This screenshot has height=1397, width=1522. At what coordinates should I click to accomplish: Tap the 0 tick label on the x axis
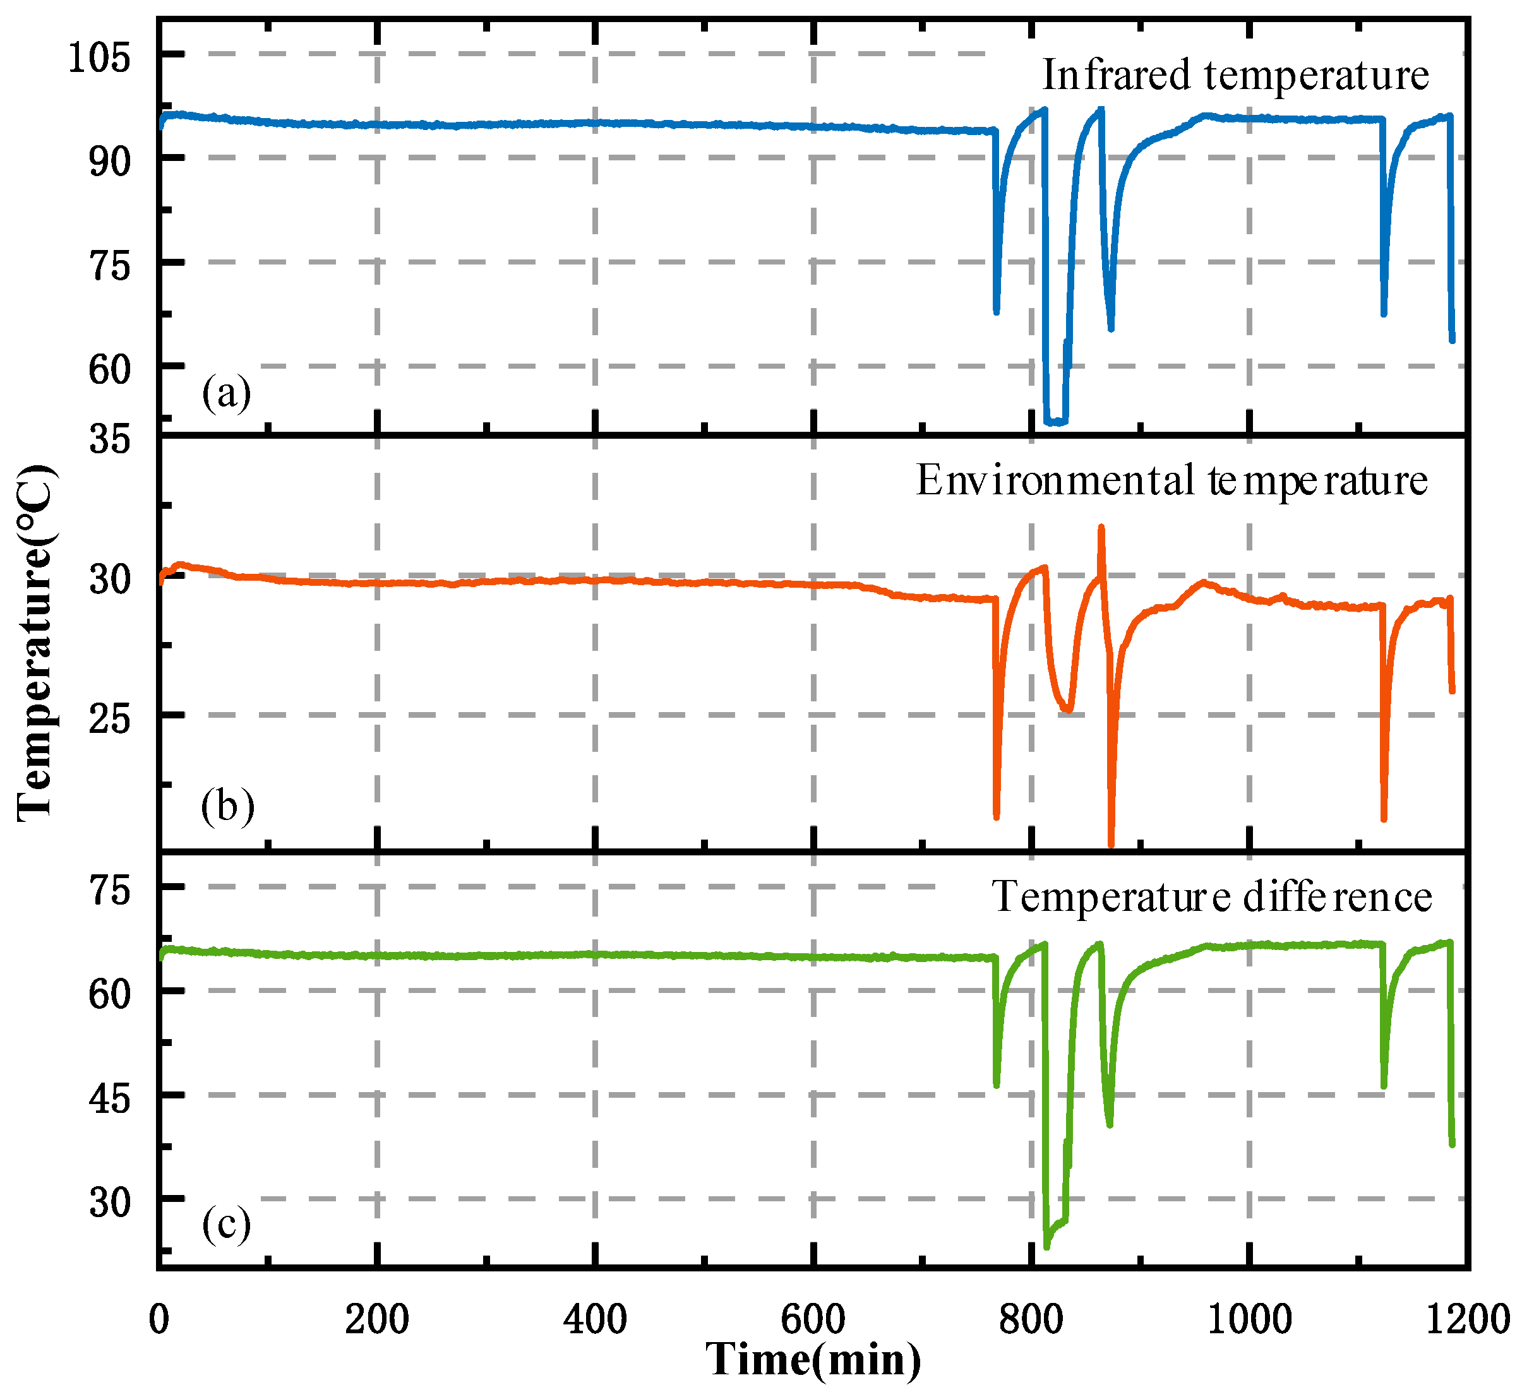[159, 1320]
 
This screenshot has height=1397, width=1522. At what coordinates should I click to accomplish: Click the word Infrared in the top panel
[1116, 76]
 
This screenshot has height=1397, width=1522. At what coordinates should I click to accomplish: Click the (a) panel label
[226, 394]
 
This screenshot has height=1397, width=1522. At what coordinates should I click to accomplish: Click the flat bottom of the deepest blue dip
[1055, 421]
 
